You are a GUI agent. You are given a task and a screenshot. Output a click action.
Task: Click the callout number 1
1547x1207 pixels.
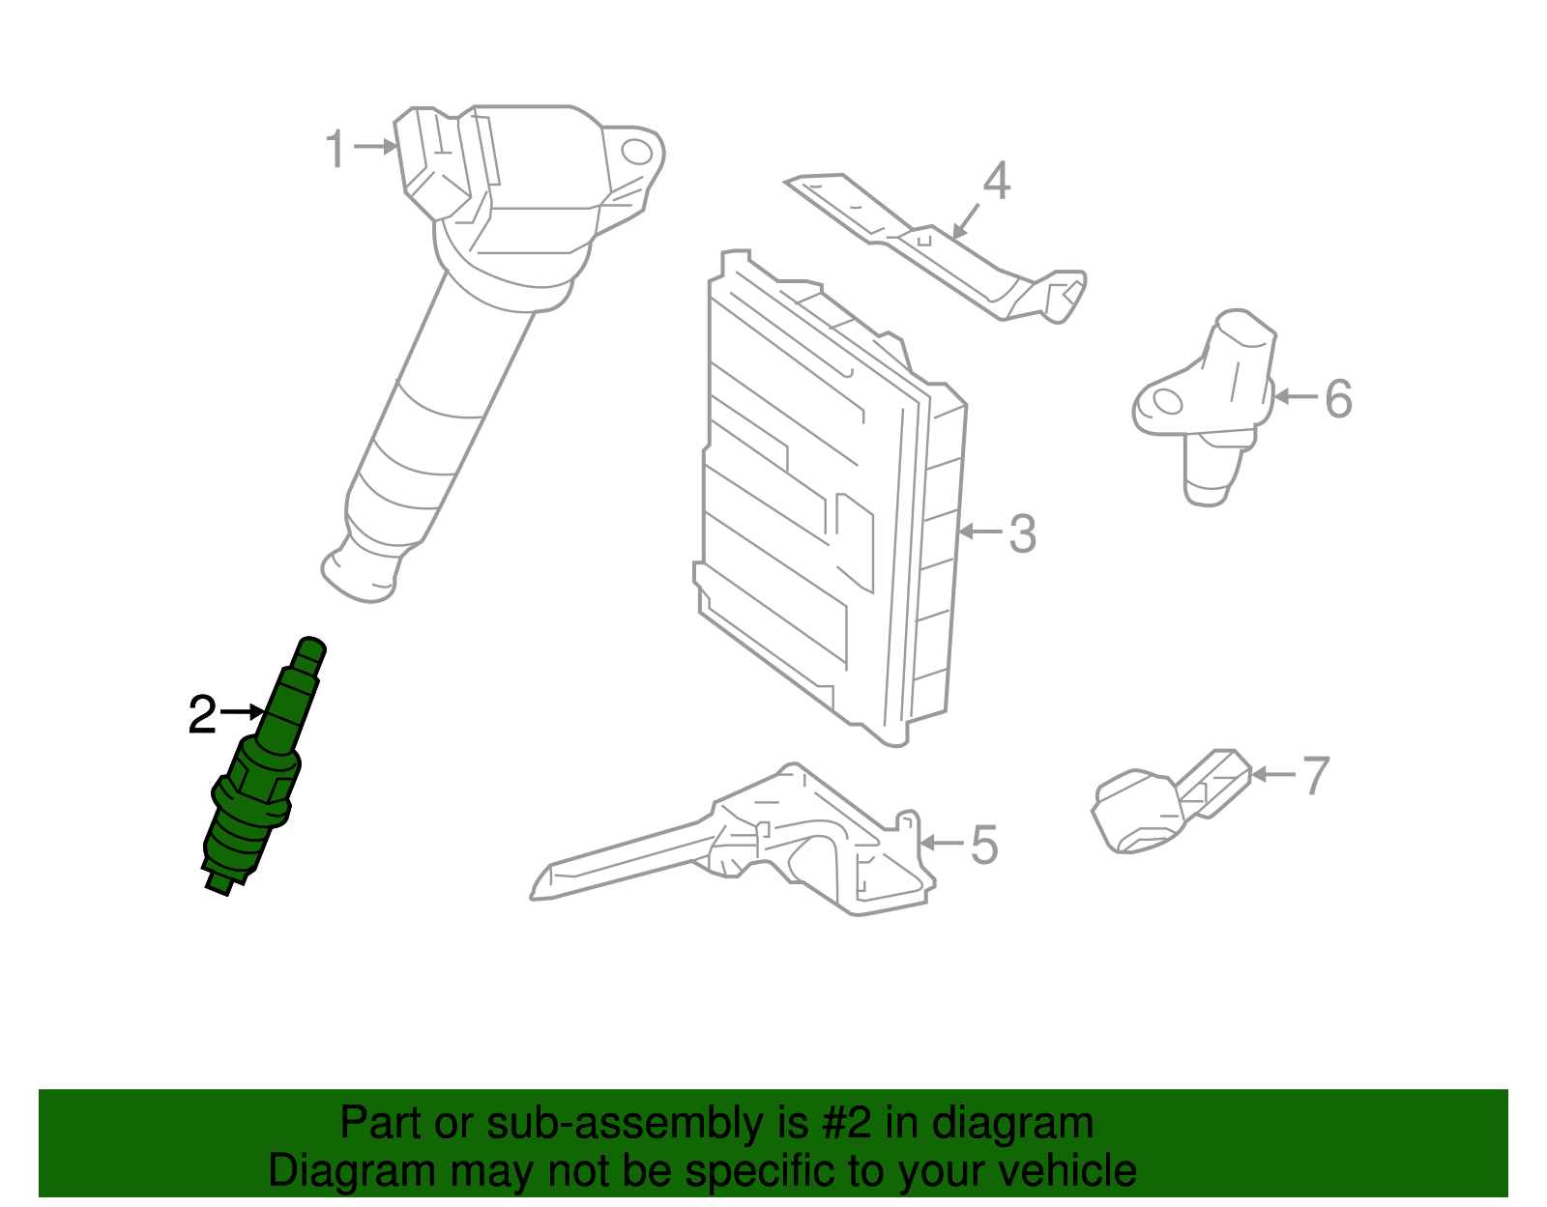pyautogui.click(x=335, y=150)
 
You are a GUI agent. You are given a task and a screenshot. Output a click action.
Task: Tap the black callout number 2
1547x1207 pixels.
pyautogui.click(x=202, y=715)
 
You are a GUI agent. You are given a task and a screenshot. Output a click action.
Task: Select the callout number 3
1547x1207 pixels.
pyautogui.click(x=1022, y=533)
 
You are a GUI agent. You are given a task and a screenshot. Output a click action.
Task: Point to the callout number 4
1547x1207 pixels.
pyautogui.click(x=996, y=182)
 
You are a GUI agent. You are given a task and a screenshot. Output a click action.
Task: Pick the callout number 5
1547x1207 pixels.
pyautogui.click(x=983, y=845)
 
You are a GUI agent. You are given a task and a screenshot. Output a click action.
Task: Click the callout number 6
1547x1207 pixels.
pyautogui.click(x=1337, y=398)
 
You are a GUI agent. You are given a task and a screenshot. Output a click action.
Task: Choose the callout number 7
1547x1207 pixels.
pyautogui.click(x=1315, y=776)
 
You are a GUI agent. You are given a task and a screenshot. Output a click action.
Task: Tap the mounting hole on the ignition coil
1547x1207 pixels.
pyautogui.click(x=635, y=152)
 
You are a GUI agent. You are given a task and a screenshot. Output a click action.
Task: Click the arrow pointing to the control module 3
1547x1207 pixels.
pyautogui.click(x=980, y=532)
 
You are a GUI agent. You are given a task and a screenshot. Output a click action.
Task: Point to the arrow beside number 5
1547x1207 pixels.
pyautogui.click(x=941, y=843)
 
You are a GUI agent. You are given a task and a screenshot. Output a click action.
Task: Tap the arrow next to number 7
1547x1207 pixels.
pyautogui.click(x=1272, y=774)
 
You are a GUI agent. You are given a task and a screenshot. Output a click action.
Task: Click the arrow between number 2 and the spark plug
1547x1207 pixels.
pyautogui.click(x=242, y=712)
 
